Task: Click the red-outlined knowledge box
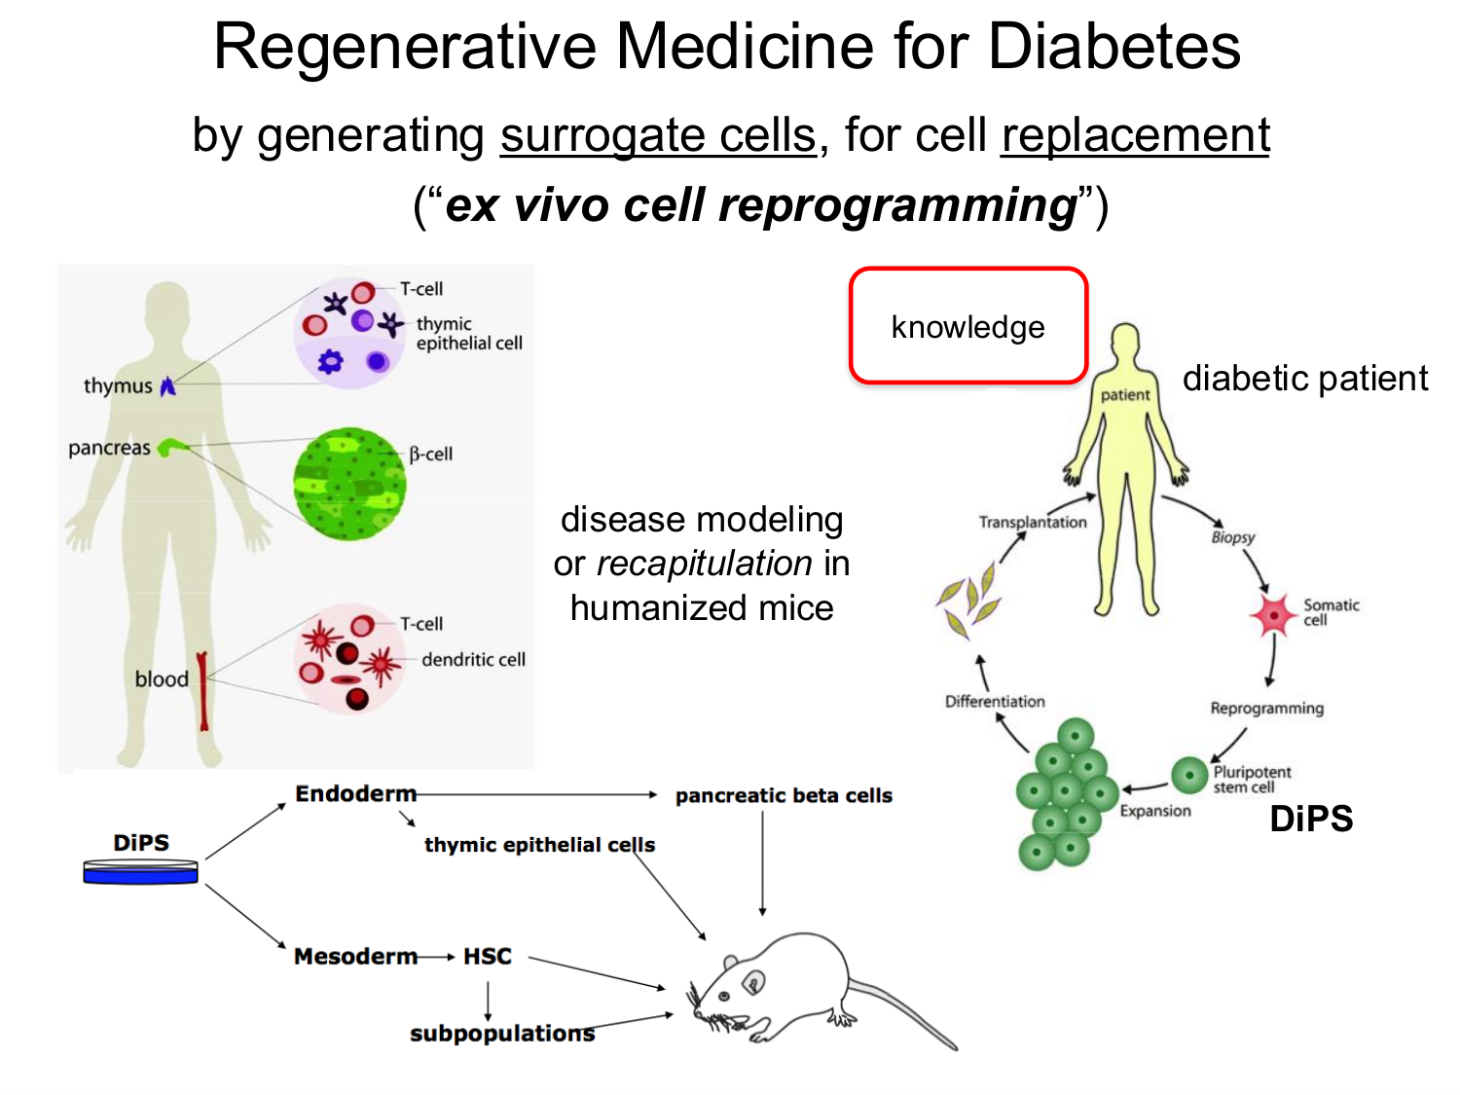coord(968,326)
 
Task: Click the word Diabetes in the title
coord(1113,46)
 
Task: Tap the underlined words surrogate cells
coord(658,135)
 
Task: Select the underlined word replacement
coord(1135,135)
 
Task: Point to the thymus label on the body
coord(118,385)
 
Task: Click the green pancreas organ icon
coord(173,447)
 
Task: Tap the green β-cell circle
coord(349,483)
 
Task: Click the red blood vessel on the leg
coord(202,690)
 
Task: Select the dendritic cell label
coord(473,660)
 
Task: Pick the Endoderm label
coord(355,794)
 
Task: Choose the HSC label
coord(487,957)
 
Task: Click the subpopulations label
coord(501,1033)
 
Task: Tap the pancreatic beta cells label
coord(784,795)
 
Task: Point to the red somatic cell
coord(1273,614)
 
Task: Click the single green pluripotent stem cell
coord(1189,776)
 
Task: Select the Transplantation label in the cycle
coord(1033,523)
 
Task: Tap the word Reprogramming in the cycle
coord(1266,708)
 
